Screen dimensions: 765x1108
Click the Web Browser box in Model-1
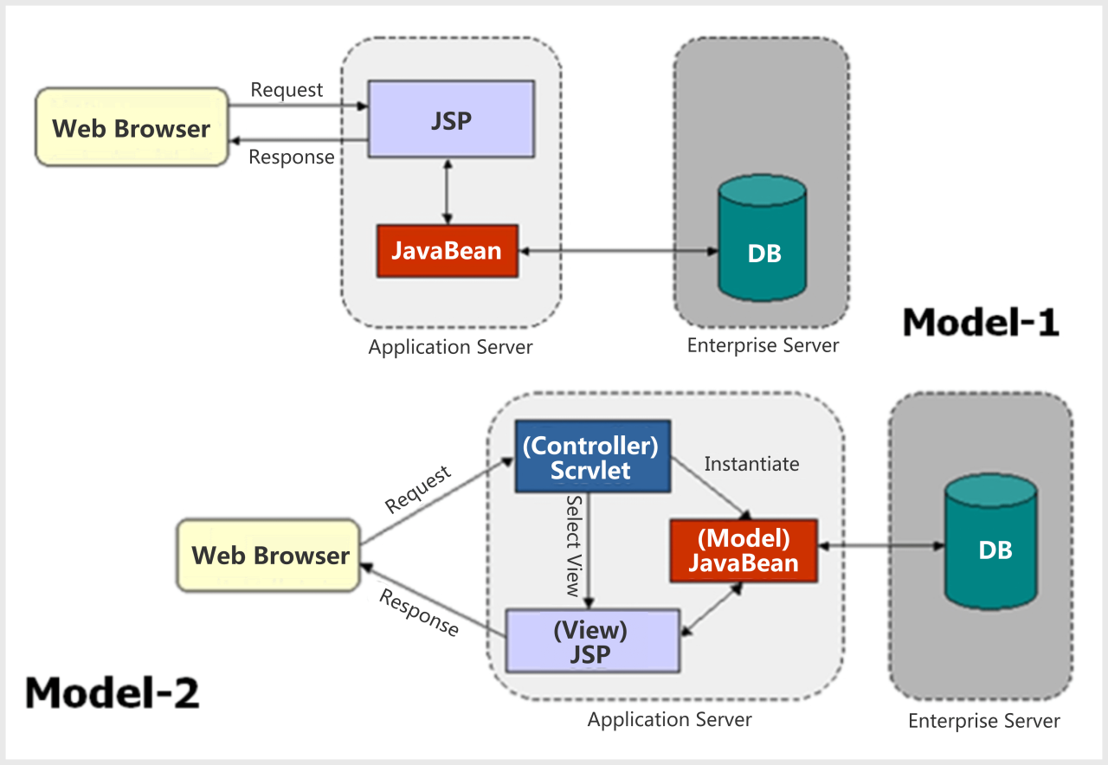(x=131, y=127)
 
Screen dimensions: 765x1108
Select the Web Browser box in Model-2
(x=269, y=555)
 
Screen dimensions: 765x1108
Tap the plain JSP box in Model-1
(x=451, y=119)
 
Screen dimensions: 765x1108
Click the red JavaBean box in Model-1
(x=447, y=251)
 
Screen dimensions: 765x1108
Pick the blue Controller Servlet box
(x=592, y=456)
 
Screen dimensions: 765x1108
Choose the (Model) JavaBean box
(x=744, y=550)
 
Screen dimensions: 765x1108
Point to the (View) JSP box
(x=590, y=640)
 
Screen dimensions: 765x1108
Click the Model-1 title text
(x=981, y=322)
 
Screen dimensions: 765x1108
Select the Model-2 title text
(x=113, y=692)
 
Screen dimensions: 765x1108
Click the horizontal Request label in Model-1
(x=287, y=90)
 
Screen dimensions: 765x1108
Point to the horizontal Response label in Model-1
(x=292, y=157)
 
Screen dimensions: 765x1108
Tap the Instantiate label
(x=751, y=464)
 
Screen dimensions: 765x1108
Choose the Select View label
(x=572, y=545)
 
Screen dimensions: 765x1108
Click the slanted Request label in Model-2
(x=418, y=490)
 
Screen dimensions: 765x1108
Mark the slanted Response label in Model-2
(x=420, y=613)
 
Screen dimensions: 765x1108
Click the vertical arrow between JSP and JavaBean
(x=447, y=191)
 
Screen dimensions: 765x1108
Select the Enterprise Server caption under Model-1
(x=763, y=346)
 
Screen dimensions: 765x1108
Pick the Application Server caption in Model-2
(x=669, y=719)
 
